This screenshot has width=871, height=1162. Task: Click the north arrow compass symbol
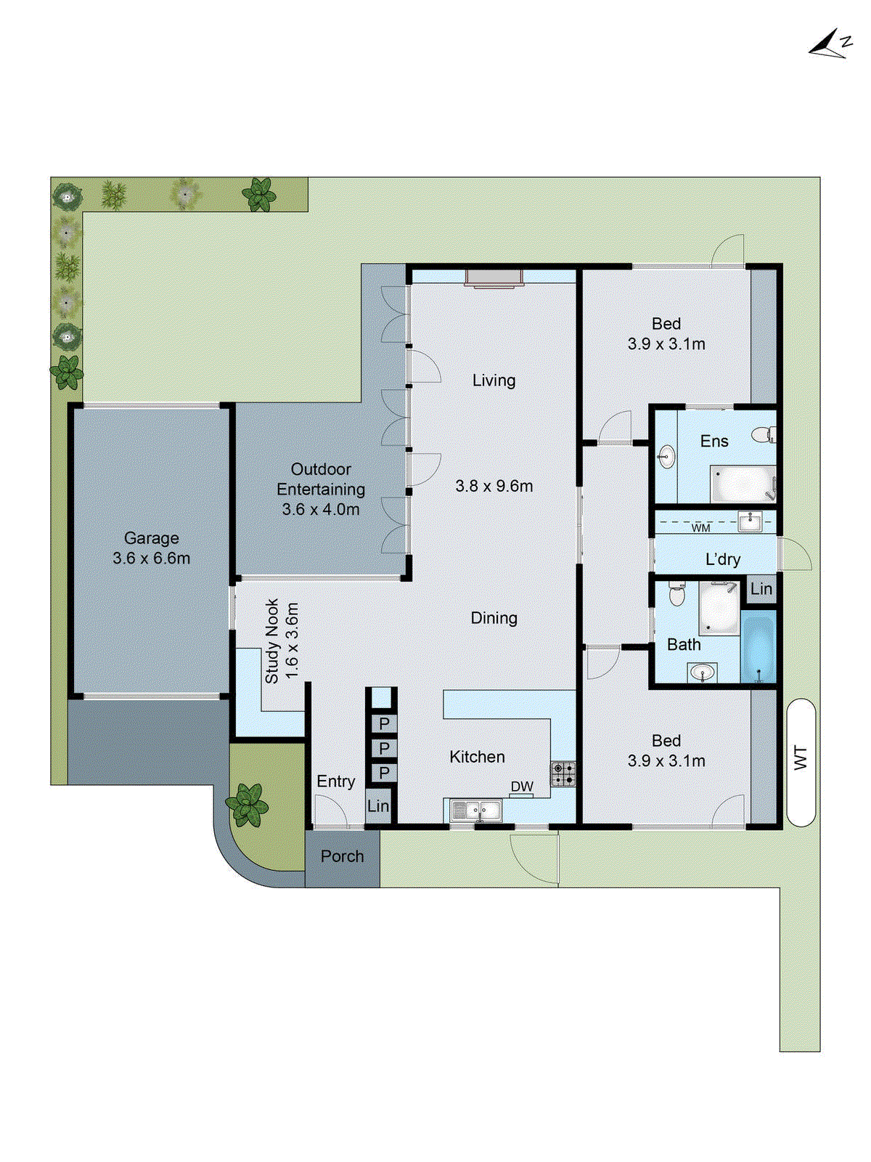pos(830,44)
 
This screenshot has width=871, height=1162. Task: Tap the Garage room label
pos(151,538)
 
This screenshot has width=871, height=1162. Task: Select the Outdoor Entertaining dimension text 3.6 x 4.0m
pos(320,510)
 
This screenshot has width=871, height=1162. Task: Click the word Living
pos(494,381)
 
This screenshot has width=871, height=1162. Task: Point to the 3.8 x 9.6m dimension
pos(494,486)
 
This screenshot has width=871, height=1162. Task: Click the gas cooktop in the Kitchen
pos(563,774)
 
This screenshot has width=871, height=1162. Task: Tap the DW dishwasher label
pos(522,787)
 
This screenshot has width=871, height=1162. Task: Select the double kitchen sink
pos(476,810)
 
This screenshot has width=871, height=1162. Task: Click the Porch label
pos(342,856)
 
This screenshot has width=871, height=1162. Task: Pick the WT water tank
pos(801,762)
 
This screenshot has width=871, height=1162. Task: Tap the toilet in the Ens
pos(764,435)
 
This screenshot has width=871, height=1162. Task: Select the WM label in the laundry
pos(700,528)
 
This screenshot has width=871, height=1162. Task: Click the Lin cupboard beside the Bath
pos(761,589)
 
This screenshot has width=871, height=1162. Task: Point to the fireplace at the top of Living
pos(494,278)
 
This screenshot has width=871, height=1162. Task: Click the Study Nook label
pos(272,641)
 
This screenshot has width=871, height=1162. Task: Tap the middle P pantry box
pos(384,748)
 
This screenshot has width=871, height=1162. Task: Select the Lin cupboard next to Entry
pos(378,806)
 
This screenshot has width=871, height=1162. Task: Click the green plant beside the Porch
pos(248,805)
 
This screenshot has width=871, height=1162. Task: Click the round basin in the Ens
pos(666,458)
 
